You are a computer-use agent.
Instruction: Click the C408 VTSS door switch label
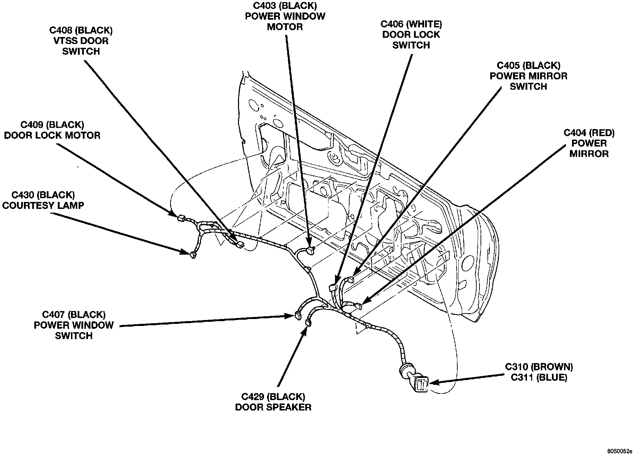(81, 41)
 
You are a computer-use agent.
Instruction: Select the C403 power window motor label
(285, 16)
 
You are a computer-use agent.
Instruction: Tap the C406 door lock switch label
(411, 35)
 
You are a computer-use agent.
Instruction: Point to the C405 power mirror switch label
(528, 76)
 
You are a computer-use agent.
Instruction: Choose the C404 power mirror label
(589, 143)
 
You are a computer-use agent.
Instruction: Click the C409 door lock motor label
(52, 130)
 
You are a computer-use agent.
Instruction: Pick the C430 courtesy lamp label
(43, 200)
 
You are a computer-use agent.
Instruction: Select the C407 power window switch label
(74, 325)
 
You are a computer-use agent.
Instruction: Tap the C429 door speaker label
(273, 401)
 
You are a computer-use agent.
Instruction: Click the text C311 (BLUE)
(539, 378)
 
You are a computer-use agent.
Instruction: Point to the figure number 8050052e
(619, 452)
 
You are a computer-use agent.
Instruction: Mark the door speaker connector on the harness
(307, 323)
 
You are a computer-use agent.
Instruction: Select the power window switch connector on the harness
(297, 315)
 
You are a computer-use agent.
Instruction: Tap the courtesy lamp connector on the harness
(193, 255)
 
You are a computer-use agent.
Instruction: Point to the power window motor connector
(311, 250)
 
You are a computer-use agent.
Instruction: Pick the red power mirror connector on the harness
(359, 306)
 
